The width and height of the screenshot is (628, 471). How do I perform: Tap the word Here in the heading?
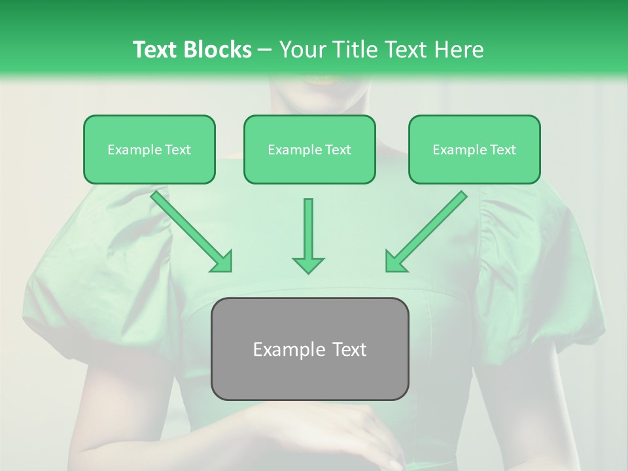459,50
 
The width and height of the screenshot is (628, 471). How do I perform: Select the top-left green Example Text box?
149,150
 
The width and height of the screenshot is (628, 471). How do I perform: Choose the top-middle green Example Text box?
309,150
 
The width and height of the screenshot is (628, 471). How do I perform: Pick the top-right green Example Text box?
474,150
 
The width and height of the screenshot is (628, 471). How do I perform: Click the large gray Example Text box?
309,349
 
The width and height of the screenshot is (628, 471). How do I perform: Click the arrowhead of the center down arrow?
308,264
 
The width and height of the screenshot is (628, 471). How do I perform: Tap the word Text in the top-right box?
502,150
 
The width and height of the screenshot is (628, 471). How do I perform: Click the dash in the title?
265,50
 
